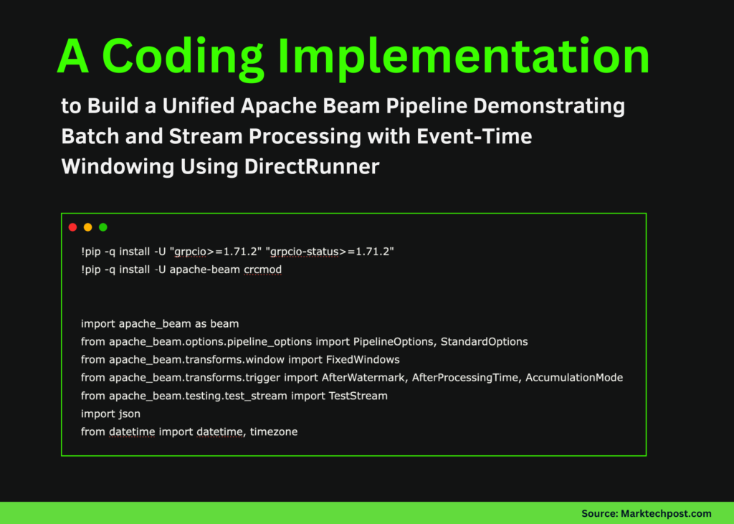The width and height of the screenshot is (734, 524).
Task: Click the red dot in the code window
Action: coord(72,227)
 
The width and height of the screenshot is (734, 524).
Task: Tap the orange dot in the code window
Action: coord(87,227)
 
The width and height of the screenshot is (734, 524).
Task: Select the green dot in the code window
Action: coord(103,227)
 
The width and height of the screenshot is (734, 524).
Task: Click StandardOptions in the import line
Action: coord(484,342)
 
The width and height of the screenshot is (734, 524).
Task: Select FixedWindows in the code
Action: coord(361,360)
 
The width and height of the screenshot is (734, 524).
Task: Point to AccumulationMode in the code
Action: coord(574,378)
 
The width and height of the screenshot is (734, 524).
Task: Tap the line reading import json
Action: coord(110,414)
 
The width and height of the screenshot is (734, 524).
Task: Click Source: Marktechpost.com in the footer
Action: coord(646,513)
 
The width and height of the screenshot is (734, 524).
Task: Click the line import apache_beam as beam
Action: coord(160,324)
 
